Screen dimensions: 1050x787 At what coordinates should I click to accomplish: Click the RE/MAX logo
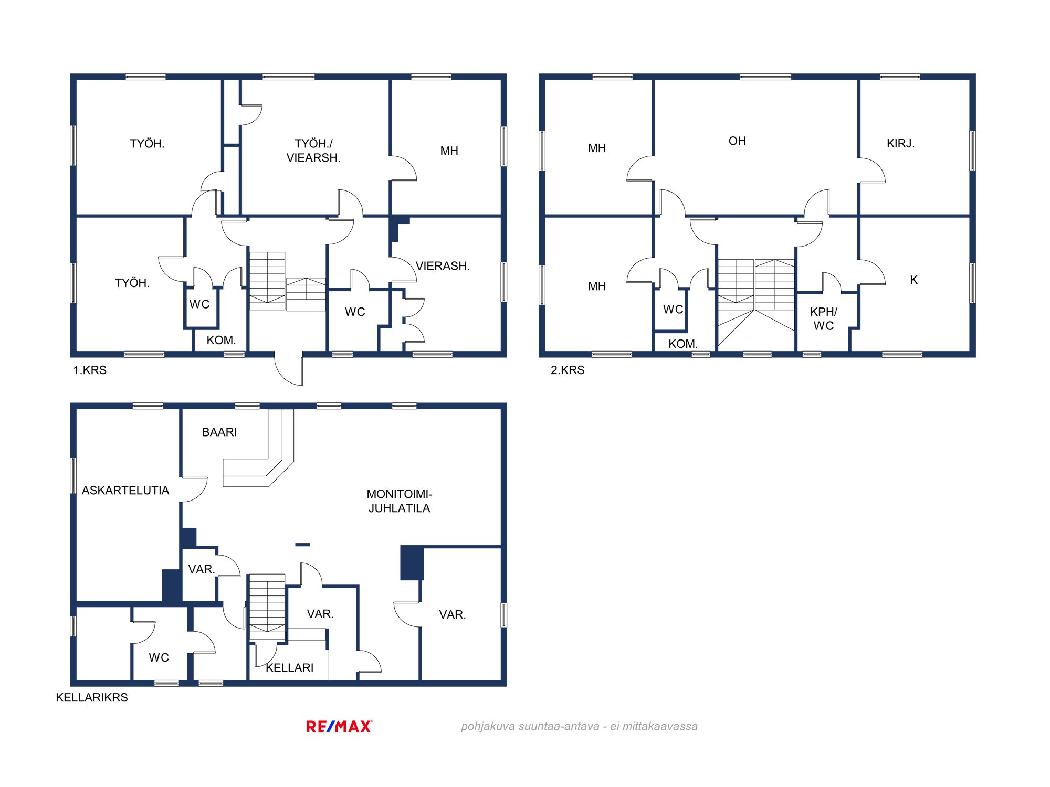point(339,727)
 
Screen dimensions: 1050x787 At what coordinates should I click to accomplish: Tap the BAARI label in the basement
point(219,432)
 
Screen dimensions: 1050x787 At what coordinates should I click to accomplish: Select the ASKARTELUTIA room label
point(125,491)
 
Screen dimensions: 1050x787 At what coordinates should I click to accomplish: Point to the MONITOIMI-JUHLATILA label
point(400,501)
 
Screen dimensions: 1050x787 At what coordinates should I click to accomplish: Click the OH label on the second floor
point(737,141)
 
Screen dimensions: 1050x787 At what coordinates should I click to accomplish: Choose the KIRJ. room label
point(901,144)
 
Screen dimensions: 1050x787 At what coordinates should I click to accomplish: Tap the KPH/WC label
point(824,319)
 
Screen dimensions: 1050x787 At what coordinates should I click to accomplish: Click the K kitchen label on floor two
point(914,280)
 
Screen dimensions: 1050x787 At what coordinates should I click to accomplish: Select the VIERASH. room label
point(443,266)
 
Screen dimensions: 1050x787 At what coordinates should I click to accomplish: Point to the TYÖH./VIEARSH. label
point(313,151)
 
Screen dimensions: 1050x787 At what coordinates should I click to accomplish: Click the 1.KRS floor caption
point(90,370)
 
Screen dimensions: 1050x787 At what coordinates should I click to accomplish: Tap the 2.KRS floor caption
point(568,370)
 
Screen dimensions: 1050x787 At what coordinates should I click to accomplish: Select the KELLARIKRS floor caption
point(92,698)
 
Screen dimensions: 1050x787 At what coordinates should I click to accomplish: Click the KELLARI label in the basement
point(290,668)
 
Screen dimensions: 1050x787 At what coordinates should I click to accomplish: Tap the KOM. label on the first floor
point(221,341)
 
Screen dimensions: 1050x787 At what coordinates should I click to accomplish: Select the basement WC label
point(159,658)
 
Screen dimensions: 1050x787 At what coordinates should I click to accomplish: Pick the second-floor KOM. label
point(683,344)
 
